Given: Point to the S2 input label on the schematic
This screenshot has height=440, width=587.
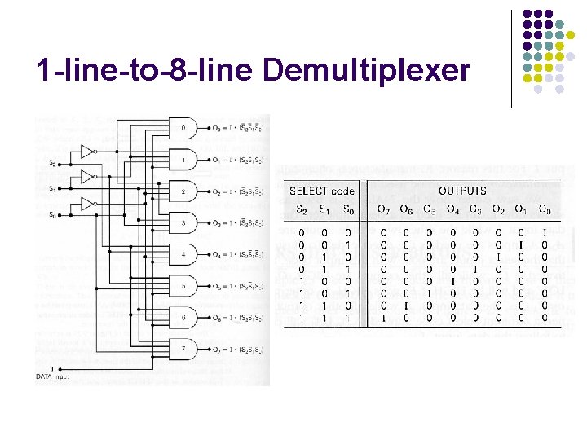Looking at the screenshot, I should click(x=52, y=163).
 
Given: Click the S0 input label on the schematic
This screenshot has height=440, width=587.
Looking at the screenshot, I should click(x=51, y=215).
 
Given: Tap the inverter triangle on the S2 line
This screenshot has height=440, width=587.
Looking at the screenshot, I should click(x=87, y=152).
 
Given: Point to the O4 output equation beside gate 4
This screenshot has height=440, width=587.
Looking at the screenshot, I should click(x=237, y=254).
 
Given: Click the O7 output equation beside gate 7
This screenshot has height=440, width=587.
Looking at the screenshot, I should click(x=237, y=350).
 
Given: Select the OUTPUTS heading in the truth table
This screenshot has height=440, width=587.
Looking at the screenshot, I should click(x=462, y=191).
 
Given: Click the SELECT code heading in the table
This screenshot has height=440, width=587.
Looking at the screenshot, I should click(x=323, y=191).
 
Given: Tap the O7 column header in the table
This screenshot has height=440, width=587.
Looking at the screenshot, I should click(x=382, y=209).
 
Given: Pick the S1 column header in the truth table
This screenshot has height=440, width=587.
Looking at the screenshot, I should click(x=325, y=209).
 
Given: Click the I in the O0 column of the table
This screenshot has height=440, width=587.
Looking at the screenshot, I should click(x=545, y=232).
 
